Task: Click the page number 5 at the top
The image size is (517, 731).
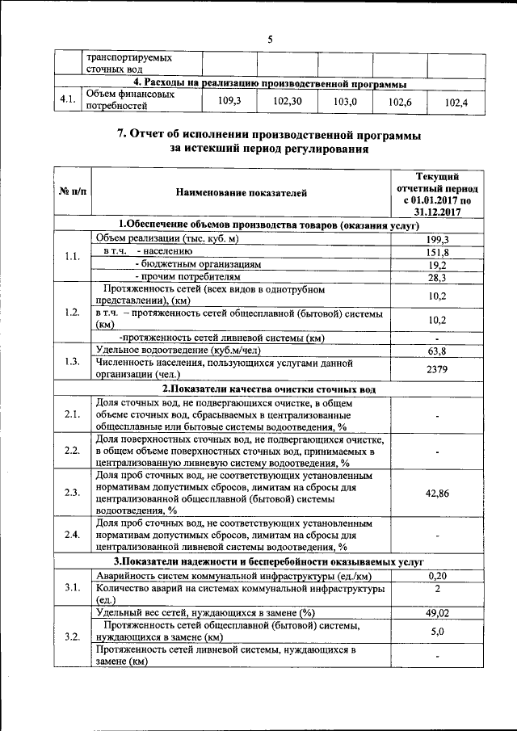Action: (x=270, y=39)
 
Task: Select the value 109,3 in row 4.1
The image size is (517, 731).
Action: (x=230, y=101)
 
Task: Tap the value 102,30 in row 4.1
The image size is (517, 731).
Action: (x=288, y=101)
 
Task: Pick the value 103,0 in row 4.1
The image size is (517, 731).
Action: (x=345, y=102)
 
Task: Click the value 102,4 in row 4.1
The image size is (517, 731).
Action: (x=457, y=103)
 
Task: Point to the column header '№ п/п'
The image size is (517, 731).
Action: (x=72, y=192)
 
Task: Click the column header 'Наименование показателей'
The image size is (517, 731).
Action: (x=241, y=192)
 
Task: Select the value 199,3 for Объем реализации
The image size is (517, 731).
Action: (x=436, y=239)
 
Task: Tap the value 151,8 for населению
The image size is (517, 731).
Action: (x=436, y=252)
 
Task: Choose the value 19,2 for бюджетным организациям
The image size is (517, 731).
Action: (x=436, y=265)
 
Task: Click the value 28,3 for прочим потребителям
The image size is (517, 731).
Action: (x=436, y=278)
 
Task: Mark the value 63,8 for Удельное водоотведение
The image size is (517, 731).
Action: (x=436, y=351)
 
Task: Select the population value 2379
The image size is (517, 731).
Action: (x=436, y=368)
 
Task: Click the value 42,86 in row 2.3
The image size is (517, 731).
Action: (x=436, y=492)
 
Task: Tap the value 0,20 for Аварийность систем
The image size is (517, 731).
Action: (x=436, y=575)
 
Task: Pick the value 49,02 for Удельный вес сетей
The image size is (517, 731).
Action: (x=436, y=614)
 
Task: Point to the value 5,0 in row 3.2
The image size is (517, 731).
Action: (x=436, y=632)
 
